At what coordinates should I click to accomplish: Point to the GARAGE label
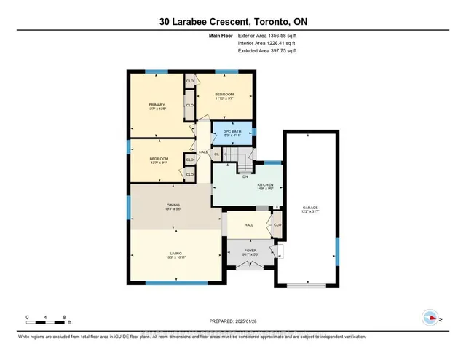311,209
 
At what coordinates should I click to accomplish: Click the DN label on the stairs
245,176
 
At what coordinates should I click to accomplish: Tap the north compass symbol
430,317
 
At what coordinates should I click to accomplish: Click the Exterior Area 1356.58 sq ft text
267,35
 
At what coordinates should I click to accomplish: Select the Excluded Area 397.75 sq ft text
267,50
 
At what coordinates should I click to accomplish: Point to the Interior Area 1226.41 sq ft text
267,43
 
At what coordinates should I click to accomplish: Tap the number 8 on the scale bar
65,318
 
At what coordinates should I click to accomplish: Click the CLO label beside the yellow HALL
276,224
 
